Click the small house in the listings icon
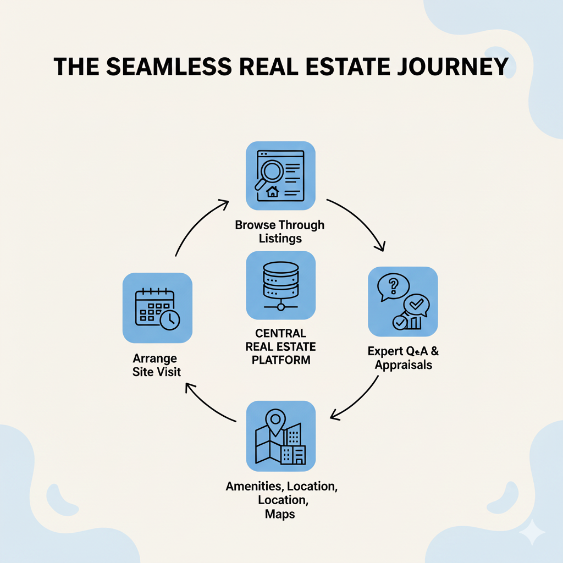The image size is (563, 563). pyautogui.click(x=272, y=192)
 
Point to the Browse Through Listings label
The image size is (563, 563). pyautogui.click(x=280, y=231)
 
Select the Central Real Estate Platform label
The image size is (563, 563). pyautogui.click(x=280, y=346)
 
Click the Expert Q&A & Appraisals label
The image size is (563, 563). pyautogui.click(x=400, y=357)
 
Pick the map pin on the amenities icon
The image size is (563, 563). pyautogui.click(x=273, y=421)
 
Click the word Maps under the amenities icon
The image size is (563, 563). pyautogui.click(x=281, y=514)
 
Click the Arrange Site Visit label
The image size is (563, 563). pyautogui.click(x=157, y=365)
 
